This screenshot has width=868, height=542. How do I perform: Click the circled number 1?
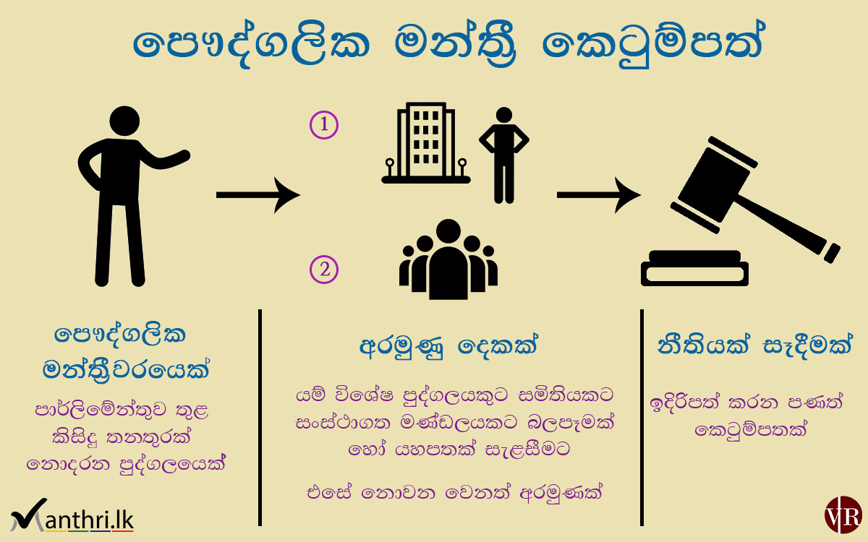click(324, 125)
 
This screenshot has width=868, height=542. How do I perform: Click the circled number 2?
click(324, 270)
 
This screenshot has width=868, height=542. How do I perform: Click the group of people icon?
click(448, 260)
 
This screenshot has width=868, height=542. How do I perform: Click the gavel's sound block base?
click(694, 269)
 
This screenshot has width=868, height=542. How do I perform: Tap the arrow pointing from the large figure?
click(258, 194)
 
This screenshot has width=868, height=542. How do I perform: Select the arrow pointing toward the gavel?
click(598, 194)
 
